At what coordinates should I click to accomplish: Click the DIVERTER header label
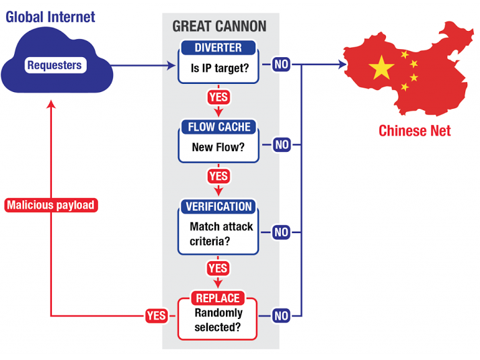(x=218, y=48)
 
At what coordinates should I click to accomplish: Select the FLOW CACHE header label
(x=219, y=127)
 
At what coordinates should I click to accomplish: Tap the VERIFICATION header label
(x=218, y=206)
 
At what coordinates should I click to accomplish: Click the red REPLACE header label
(x=218, y=298)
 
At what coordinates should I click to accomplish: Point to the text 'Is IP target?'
(x=220, y=69)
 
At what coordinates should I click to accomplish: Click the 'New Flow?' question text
(x=218, y=148)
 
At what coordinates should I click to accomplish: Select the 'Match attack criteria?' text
(x=221, y=234)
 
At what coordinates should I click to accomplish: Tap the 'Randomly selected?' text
(x=218, y=320)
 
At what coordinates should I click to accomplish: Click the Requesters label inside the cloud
(x=55, y=65)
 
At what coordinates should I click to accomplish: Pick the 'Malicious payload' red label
(x=51, y=205)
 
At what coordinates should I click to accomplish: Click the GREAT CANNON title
(x=219, y=26)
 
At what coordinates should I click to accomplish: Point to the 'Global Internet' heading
(x=50, y=17)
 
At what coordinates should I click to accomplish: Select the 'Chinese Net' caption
(x=415, y=131)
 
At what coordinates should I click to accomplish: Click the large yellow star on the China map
(x=381, y=68)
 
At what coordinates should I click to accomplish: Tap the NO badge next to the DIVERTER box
(x=281, y=64)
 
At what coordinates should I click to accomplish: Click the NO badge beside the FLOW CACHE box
(x=282, y=144)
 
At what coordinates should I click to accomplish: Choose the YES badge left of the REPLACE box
(x=157, y=316)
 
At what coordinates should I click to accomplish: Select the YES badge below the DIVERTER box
(x=218, y=97)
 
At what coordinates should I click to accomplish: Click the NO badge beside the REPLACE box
(x=281, y=316)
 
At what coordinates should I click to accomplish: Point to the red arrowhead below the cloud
(x=51, y=104)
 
